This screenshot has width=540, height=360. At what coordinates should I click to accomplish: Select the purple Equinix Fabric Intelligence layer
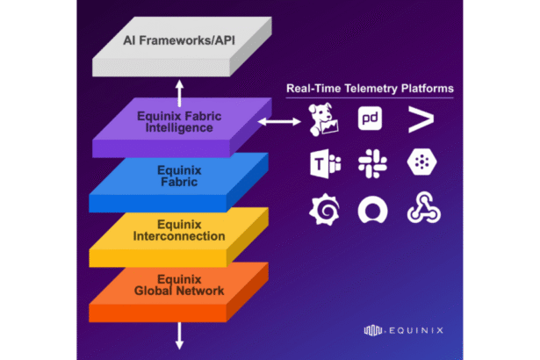coord(179,122)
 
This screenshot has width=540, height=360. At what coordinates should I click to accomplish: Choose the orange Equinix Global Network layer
coord(179,284)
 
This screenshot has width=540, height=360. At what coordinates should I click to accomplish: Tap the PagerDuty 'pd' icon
coord(369,120)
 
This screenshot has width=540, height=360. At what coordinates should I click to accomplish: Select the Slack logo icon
coord(369,164)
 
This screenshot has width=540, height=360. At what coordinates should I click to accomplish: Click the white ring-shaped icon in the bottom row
coord(369,211)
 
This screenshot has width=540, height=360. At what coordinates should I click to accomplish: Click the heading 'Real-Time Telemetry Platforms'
coord(370,88)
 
